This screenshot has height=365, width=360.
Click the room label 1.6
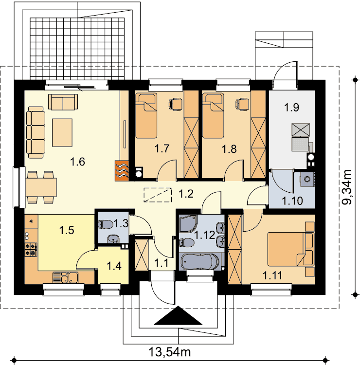click(77, 162)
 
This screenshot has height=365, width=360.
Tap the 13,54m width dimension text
click(169, 352)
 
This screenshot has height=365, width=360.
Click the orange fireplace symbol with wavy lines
click(122, 170)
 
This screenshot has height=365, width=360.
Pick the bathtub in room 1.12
click(200, 262)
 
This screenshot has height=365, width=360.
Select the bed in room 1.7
click(146, 115)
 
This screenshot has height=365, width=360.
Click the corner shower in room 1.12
click(188, 223)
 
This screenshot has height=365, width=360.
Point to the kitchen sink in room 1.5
click(66, 277)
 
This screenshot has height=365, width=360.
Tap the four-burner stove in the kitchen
click(31, 249)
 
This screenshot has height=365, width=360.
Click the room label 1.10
click(292, 201)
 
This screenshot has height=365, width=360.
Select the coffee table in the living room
click(62, 132)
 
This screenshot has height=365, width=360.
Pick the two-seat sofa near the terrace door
click(63, 102)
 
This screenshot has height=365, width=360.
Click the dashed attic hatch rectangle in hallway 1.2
click(158, 195)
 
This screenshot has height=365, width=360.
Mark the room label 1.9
click(291, 108)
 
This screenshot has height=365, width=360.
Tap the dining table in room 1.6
click(41, 187)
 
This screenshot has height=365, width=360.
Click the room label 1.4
click(114, 266)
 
